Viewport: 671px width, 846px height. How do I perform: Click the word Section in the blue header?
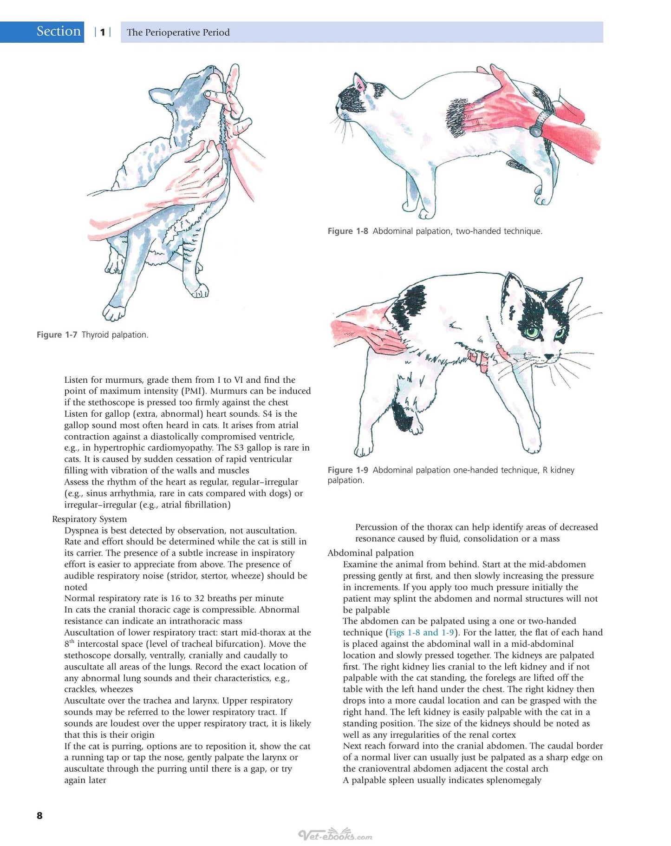pyautogui.click(x=59, y=32)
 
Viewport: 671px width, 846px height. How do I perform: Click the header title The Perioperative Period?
pyautogui.click(x=178, y=33)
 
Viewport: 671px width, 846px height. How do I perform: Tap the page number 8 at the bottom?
pyautogui.click(x=39, y=815)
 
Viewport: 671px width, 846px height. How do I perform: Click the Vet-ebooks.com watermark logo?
pyautogui.click(x=335, y=835)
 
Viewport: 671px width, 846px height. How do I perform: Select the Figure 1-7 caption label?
pyautogui.click(x=57, y=334)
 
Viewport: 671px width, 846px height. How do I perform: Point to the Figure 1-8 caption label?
pyautogui.click(x=348, y=231)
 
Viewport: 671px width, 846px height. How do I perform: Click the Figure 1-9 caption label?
pyautogui.click(x=348, y=470)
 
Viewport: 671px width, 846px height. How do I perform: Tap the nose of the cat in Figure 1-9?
pyautogui.click(x=549, y=357)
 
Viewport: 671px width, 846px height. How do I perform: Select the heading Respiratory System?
pyautogui.click(x=89, y=519)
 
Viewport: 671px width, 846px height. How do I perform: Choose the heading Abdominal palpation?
pyautogui.click(x=371, y=553)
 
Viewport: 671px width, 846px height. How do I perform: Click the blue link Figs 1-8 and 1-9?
pyautogui.click(x=421, y=632)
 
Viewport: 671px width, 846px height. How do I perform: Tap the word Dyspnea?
pyautogui.click(x=81, y=531)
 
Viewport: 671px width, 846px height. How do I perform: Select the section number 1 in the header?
pyautogui.click(x=103, y=32)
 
